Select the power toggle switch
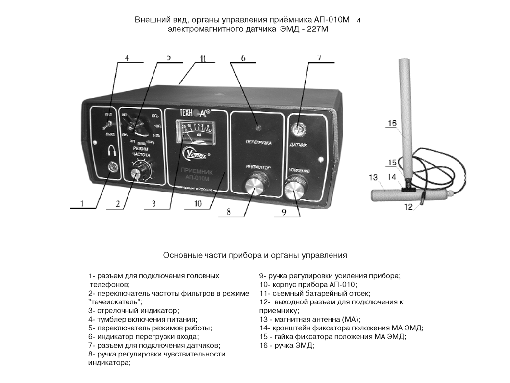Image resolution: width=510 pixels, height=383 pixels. click(x=107, y=125)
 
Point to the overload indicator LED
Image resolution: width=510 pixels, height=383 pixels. click(x=256, y=126)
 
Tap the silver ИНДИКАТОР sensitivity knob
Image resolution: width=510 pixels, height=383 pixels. click(x=257, y=186)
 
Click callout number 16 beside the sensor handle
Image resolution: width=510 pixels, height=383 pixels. click(x=391, y=124)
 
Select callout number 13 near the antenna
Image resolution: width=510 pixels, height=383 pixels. click(x=373, y=177)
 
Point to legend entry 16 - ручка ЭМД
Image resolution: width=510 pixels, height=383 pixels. click(x=286, y=345)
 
